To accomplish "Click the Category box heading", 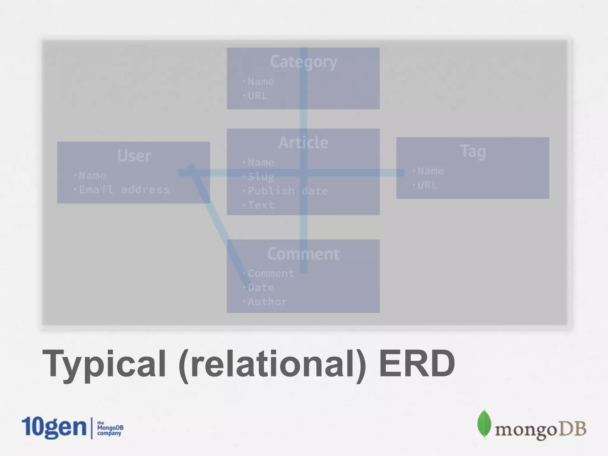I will pyautogui.click(x=303, y=62).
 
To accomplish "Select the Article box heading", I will pyautogui.click(x=303, y=142).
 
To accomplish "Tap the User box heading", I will pyautogui.click(x=134, y=155).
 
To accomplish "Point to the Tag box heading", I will pyautogui.click(x=473, y=151).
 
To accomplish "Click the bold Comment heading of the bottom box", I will pyautogui.click(x=303, y=254).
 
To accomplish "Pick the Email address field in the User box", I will pyautogui.click(x=124, y=190).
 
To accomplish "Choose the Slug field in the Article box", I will pyautogui.click(x=261, y=177).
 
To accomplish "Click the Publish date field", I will pyautogui.click(x=287, y=191).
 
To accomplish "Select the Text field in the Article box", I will pyautogui.click(x=261, y=205).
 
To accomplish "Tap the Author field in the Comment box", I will pyautogui.click(x=267, y=302).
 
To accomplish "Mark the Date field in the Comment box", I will pyautogui.click(x=261, y=287).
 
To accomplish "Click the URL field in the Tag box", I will pyautogui.click(x=427, y=186).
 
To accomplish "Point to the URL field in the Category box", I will pyautogui.click(x=257, y=96).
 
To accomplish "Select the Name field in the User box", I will pyautogui.click(x=92, y=175).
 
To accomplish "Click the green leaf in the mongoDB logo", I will pyautogui.click(x=484, y=425).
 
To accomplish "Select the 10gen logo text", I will pyautogui.click(x=54, y=427).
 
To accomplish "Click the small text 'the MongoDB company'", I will pyautogui.click(x=110, y=428).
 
